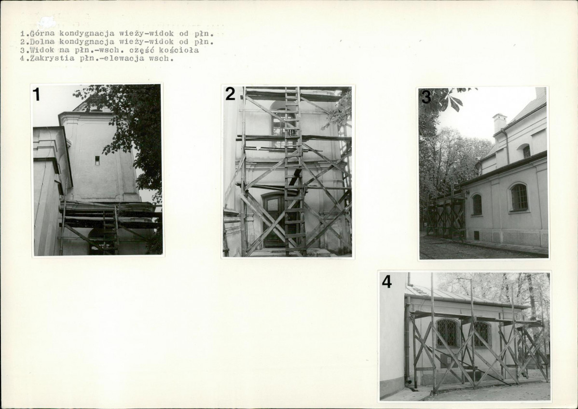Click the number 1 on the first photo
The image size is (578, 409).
pyautogui.click(x=36, y=95)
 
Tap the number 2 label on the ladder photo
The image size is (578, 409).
pyautogui.click(x=230, y=94)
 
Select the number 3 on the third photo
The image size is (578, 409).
pyautogui.click(x=426, y=97)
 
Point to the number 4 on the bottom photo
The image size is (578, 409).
pyautogui.click(x=386, y=282)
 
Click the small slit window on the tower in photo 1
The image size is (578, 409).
pyautogui.click(x=97, y=160)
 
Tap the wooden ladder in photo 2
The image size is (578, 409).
pyautogui.click(x=294, y=171)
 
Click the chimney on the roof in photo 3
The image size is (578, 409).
pyautogui.click(x=499, y=123)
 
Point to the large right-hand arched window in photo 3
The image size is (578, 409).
pyautogui.click(x=519, y=197)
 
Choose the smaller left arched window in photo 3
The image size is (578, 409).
pyautogui.click(x=477, y=204)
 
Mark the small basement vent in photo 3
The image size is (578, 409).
pyautogui.click(x=476, y=235)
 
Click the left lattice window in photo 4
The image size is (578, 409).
pyautogui.click(x=448, y=333)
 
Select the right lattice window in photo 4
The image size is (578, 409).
pyautogui.click(x=482, y=334)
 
